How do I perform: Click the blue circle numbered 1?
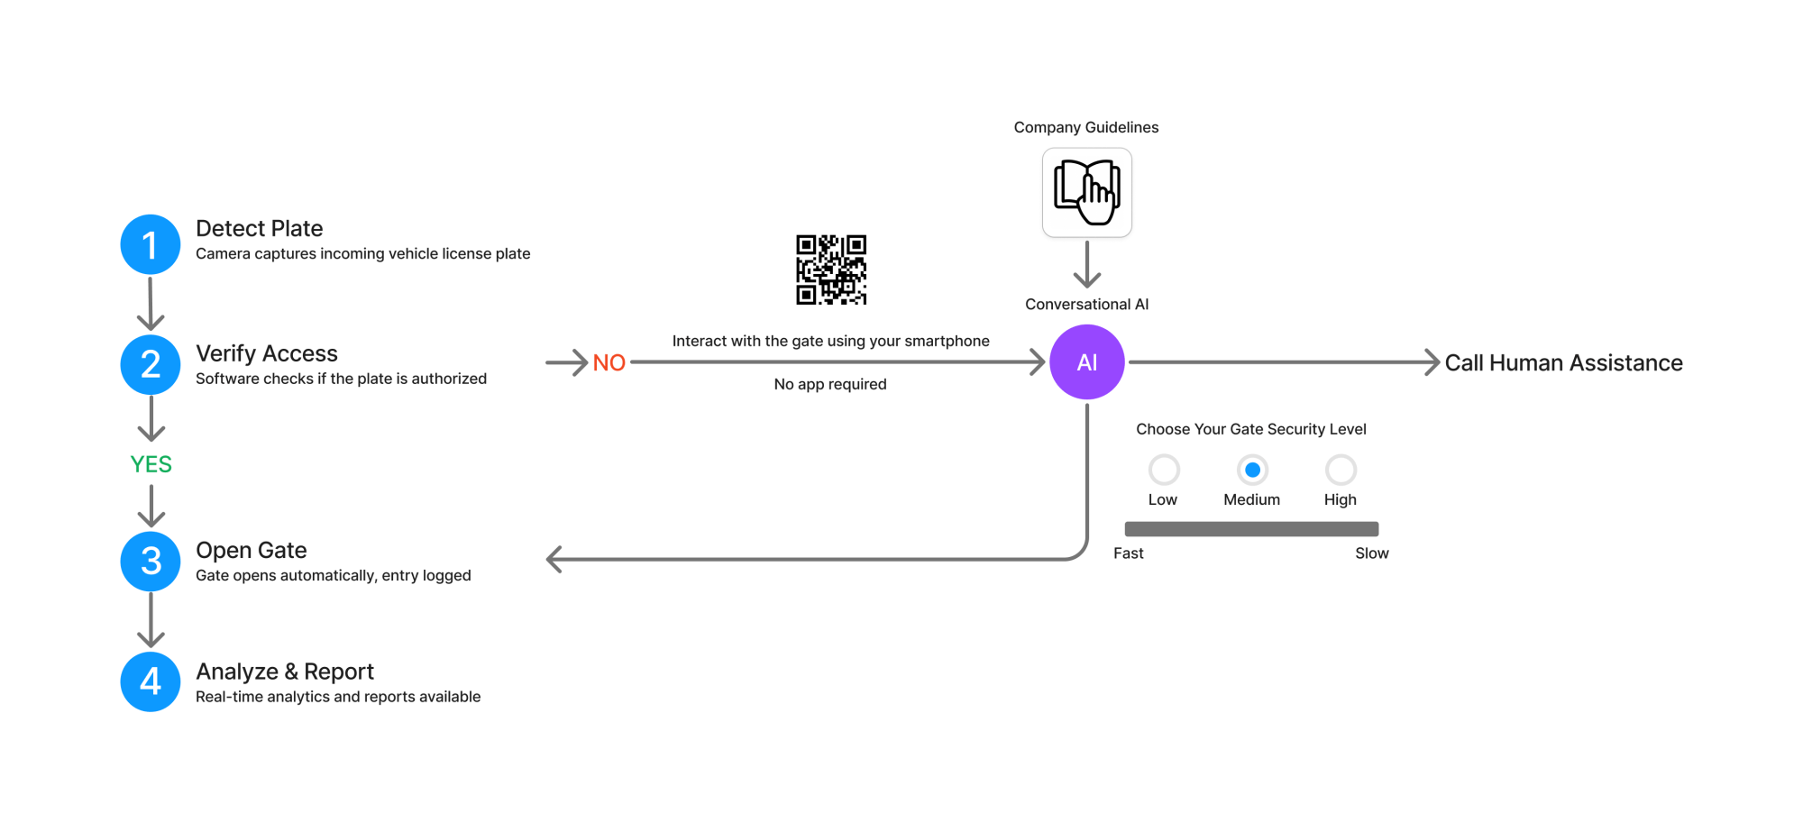(x=151, y=244)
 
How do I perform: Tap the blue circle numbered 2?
(x=151, y=364)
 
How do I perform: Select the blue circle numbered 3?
(x=151, y=561)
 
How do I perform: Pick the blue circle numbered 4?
(x=151, y=681)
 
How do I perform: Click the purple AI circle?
(x=1087, y=362)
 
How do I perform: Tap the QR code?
(x=831, y=270)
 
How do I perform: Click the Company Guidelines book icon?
(x=1087, y=193)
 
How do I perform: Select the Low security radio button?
(x=1164, y=470)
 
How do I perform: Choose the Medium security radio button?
(x=1252, y=470)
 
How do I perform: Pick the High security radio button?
(x=1341, y=470)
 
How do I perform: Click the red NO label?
(x=609, y=363)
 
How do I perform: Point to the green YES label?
(x=151, y=464)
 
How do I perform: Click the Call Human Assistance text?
(x=1563, y=363)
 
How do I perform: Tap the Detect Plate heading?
(x=260, y=229)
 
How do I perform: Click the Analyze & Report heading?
(x=285, y=672)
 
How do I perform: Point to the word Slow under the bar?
(x=1371, y=553)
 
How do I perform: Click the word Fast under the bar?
(x=1128, y=553)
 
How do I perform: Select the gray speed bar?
(x=1251, y=529)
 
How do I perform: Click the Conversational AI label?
(x=1086, y=305)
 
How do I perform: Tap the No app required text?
(x=830, y=384)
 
